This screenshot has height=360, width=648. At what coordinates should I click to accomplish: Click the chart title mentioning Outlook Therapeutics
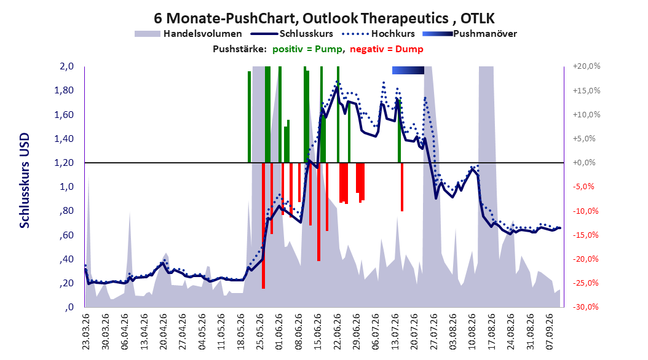coord(324,18)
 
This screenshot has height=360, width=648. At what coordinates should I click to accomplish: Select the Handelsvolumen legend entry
coord(189,34)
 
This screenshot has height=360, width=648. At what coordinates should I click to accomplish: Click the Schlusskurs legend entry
coord(293,33)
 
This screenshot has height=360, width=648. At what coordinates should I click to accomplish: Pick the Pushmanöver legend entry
coord(470,34)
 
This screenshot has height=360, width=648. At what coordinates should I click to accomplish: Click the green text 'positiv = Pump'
coord(307,49)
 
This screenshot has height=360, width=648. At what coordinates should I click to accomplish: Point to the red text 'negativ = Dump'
coord(387,49)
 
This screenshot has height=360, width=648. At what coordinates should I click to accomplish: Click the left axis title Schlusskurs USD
coord(25,181)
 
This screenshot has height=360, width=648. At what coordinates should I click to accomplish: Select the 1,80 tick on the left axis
coord(64,90)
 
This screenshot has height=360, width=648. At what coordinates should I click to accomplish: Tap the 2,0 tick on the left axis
coord(66,66)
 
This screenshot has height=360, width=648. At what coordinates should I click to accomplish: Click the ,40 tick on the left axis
coord(66,259)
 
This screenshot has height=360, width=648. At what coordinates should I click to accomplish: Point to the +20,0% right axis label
coord(587,66)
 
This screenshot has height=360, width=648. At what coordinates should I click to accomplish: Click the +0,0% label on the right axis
coord(584,163)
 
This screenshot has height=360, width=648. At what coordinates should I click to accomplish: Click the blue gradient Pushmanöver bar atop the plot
coord(408,70)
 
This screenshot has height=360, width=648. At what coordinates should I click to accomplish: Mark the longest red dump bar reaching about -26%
coord(263,225)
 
